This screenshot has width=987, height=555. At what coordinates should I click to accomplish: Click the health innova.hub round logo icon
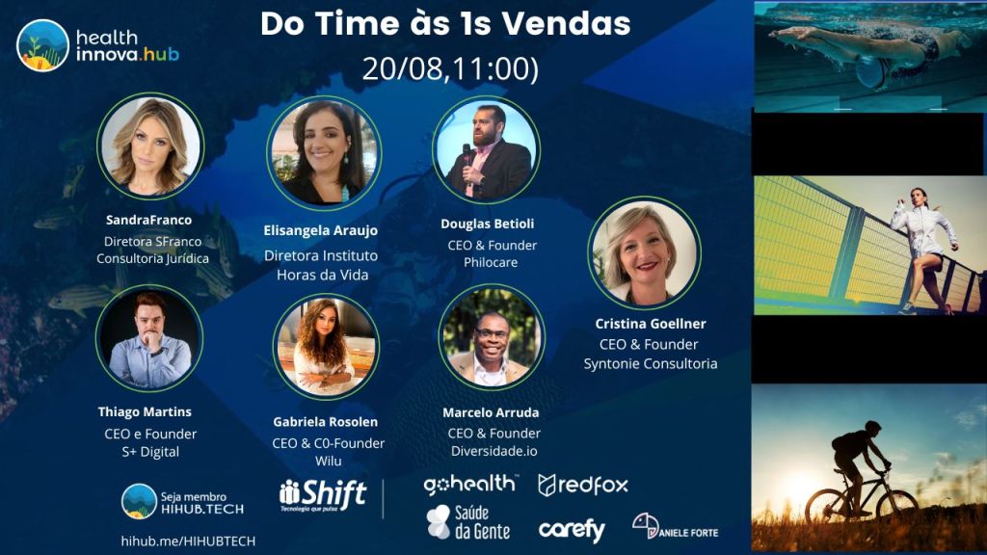pos(42,45)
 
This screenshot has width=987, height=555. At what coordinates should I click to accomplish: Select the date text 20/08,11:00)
pos(451,68)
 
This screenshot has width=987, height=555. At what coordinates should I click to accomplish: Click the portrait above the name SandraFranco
pos(150,146)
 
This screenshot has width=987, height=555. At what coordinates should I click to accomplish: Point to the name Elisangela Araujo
pos(320,230)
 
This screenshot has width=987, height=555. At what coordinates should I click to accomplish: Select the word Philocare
pos(491,262)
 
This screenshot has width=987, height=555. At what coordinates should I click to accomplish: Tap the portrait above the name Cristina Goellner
pos(644,253)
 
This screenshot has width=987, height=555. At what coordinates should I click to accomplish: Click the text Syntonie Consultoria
pos(651,363)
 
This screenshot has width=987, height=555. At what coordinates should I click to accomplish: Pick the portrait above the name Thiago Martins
pos(149,338)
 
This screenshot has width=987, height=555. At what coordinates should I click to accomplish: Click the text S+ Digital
pos(150,452)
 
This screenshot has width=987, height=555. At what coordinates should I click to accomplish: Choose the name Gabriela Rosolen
pos(326,422)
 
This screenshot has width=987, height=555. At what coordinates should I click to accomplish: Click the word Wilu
pos(328,462)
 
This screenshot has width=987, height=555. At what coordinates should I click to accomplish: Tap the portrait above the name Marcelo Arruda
pos(492,337)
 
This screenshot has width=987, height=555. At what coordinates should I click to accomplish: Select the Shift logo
pos(323,494)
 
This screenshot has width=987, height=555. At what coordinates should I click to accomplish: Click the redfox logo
pos(583,486)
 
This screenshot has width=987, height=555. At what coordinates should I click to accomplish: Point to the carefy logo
pos(572,530)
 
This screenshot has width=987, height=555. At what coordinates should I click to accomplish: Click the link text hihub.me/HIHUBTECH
pos(188,542)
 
